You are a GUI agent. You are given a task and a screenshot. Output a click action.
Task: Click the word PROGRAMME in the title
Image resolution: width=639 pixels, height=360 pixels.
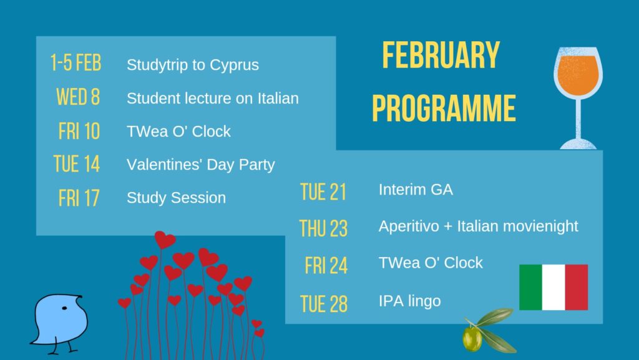[x=444, y=108]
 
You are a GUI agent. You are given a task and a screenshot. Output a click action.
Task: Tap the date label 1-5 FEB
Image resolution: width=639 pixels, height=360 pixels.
[x=76, y=63]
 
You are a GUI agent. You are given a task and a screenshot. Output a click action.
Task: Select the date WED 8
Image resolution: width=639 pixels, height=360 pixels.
[x=78, y=97]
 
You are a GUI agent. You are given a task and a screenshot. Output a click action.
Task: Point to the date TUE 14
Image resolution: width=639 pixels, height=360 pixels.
[x=77, y=163]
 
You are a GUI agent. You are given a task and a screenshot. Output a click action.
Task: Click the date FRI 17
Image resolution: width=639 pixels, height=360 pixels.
[x=79, y=198]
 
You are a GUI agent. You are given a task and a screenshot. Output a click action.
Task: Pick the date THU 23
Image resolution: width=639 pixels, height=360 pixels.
[x=324, y=228]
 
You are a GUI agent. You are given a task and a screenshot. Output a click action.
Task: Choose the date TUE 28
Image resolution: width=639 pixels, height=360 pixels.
[x=324, y=304]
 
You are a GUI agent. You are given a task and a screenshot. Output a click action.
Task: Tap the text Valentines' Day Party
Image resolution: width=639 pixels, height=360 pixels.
[x=200, y=165]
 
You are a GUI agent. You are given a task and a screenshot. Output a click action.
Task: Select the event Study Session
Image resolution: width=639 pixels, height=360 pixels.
[x=176, y=198]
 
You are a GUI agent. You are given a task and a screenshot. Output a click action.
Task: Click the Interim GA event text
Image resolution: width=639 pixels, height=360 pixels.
[x=416, y=190]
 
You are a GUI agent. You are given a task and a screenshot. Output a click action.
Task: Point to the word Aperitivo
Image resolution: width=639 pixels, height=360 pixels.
[x=409, y=226]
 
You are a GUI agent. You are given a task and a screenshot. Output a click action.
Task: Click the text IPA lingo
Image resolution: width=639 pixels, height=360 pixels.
[x=409, y=301]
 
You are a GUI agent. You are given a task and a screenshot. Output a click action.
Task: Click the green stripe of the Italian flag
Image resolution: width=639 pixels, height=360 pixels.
[x=530, y=287]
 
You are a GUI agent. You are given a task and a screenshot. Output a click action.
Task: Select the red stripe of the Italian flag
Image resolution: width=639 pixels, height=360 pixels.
[x=577, y=287]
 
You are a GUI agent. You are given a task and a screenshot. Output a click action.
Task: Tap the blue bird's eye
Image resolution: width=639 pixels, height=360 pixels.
[x=64, y=308]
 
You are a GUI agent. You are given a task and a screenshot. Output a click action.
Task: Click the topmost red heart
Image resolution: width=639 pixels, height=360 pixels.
[x=165, y=240]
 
